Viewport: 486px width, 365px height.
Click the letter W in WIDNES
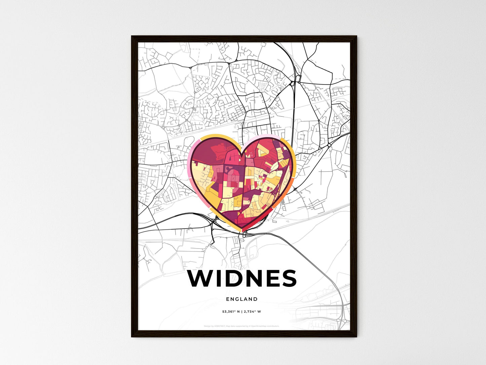(x=201, y=278)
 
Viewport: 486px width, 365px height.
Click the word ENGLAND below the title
(x=242, y=299)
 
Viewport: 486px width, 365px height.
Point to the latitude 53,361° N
(x=231, y=311)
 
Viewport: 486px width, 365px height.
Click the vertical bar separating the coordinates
(x=242, y=311)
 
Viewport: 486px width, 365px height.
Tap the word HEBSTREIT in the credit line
(x=220, y=326)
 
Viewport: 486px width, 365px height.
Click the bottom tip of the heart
(x=242, y=231)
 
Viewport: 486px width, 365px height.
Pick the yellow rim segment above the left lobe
(x=215, y=136)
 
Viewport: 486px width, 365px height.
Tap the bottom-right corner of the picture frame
(x=357, y=336)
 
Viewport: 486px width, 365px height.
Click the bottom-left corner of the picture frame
(x=132, y=336)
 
